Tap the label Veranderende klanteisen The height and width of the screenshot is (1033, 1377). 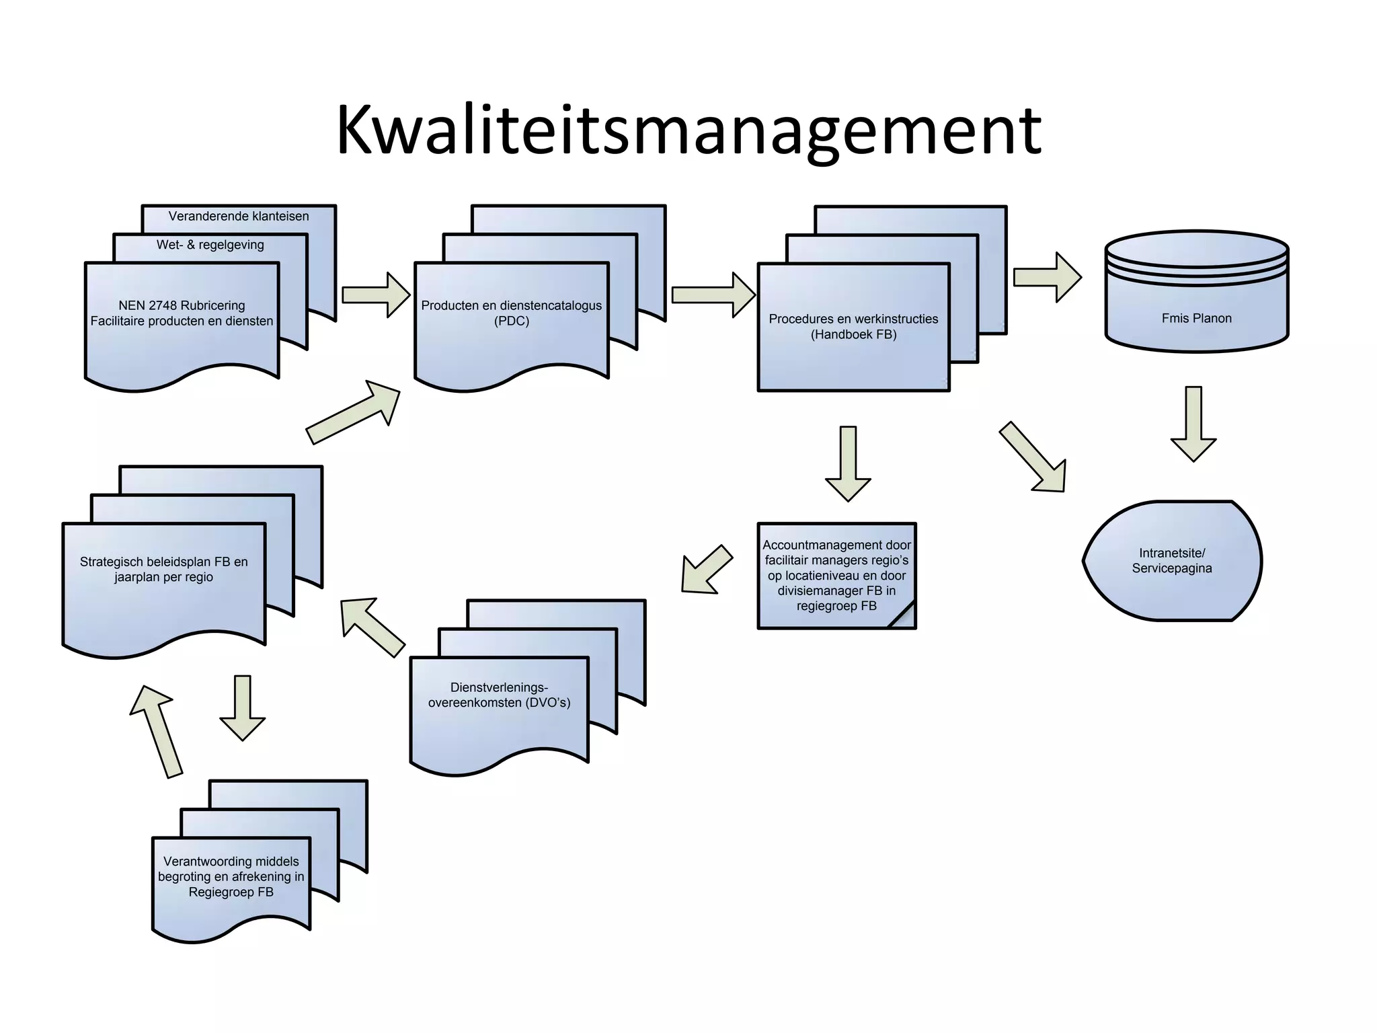pyautogui.click(x=239, y=217)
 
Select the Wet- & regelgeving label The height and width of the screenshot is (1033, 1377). pyautogui.click(x=210, y=245)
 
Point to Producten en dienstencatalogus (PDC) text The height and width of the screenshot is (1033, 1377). pyautogui.click(x=511, y=313)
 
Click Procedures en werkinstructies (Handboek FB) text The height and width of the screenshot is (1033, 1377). pyautogui.click(x=853, y=326)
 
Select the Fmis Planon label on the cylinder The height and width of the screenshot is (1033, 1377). pyautogui.click(x=1196, y=318)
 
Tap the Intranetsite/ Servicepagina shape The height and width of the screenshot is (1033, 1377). pyautogui.click(x=1172, y=560)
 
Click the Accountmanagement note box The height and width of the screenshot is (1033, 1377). pyautogui.click(x=836, y=575)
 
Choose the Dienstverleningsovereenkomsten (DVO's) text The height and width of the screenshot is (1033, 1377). pyautogui.click(x=499, y=695)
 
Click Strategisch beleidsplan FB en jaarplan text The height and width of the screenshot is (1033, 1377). pyautogui.click(x=163, y=569)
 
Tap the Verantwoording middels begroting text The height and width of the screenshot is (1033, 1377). pyautogui.click(x=231, y=876)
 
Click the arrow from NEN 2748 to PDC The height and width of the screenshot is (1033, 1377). pyautogui.click(x=375, y=295)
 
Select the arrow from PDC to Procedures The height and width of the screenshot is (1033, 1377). pyautogui.click(x=713, y=295)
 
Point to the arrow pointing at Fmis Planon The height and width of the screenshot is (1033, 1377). pyautogui.click(x=1047, y=277)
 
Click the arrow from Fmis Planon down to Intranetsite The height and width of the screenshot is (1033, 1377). pyautogui.click(x=1193, y=424)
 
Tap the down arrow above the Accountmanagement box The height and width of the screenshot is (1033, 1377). pyautogui.click(x=848, y=464)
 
